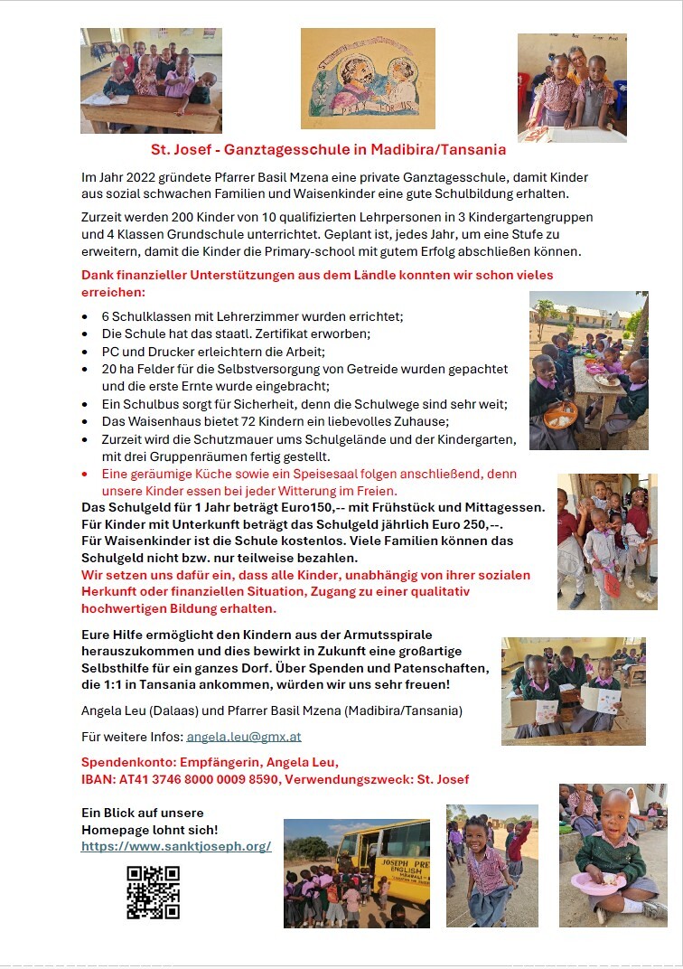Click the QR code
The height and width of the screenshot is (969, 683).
153,892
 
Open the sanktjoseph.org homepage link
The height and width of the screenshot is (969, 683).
176,847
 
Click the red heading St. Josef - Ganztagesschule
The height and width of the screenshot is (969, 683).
328,150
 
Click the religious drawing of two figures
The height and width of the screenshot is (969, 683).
367,79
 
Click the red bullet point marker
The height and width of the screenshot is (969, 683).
85,475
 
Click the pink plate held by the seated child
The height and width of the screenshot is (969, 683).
597,881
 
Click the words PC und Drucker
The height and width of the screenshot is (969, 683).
145,351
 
